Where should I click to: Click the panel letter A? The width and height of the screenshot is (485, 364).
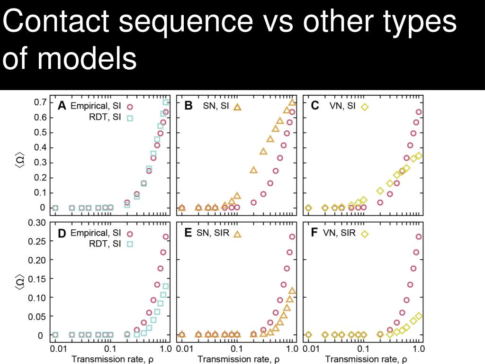(62, 106)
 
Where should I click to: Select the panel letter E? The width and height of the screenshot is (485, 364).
(188, 233)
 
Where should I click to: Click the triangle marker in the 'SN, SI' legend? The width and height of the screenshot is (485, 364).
(237, 107)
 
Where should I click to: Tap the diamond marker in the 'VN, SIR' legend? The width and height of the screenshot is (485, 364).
(365, 233)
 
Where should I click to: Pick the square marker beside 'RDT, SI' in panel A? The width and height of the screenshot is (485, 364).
(130, 118)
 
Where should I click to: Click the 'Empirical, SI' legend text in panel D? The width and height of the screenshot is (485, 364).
(96, 233)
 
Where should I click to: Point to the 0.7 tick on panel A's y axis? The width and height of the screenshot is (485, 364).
(40, 102)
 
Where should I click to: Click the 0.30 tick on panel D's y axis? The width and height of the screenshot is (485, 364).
(38, 223)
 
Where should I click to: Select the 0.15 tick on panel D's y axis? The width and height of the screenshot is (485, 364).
(38, 279)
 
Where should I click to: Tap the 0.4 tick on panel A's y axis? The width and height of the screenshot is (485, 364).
(40, 147)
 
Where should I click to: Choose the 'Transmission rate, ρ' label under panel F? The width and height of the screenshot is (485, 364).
(363, 359)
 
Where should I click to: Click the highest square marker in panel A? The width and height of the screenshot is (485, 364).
(166, 102)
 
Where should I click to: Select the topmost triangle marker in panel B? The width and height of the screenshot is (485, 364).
(292, 102)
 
